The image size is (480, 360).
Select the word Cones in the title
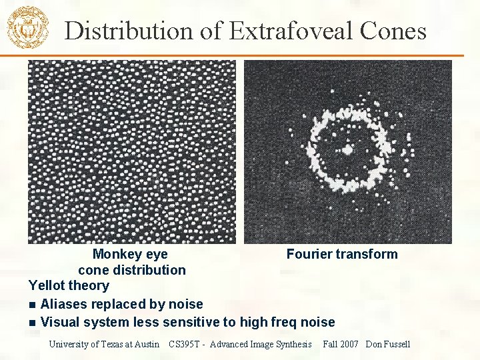coord(394,31)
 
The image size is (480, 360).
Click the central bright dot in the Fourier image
coord(347,149)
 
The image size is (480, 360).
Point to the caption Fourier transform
coord(341,254)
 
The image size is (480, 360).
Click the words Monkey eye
coord(130,254)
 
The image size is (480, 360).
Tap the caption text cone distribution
coord(131,270)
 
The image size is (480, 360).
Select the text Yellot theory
coord(69,285)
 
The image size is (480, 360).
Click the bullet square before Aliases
coord(33,305)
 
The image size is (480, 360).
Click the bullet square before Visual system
coord(33,323)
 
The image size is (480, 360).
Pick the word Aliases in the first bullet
coord(64,304)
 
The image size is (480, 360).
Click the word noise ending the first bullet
coord(186,304)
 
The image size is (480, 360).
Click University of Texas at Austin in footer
coord(104,344)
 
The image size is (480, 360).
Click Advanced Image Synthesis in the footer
coord(262,344)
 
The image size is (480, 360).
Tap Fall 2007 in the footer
coord(340,344)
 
